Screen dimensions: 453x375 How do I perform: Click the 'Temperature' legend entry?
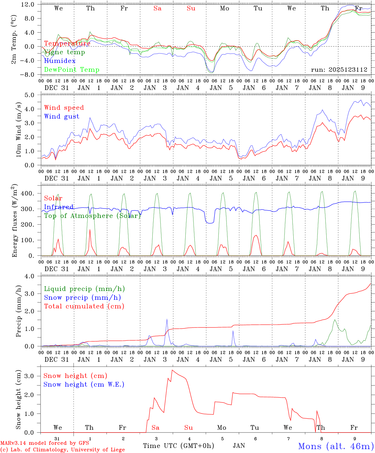pos(67,43)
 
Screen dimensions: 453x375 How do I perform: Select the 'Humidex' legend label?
pos(60,61)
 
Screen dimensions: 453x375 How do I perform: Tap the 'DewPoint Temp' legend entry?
pos(72,70)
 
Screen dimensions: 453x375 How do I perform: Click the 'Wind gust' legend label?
pos(62,116)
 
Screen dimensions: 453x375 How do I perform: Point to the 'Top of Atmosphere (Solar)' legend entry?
pos(92,216)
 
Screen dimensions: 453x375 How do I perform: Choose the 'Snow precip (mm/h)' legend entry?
pos(82,298)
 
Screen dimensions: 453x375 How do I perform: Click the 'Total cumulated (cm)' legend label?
pos(84,306)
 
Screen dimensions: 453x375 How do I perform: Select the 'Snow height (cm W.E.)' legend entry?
pos(84,384)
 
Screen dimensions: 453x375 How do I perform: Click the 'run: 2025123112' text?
pos(339,70)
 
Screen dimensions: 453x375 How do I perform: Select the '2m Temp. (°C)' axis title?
pos(14,40)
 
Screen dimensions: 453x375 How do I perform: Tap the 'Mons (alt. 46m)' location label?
pos(336,446)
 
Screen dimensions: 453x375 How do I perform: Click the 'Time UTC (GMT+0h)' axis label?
pos(179,445)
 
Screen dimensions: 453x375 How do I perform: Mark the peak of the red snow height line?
pos(172,370)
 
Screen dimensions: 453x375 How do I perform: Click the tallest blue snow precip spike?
pos(167,319)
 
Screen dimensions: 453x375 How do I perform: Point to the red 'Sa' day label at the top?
pos(157,8)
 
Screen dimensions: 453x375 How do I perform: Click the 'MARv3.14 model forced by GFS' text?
pos(45,443)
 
